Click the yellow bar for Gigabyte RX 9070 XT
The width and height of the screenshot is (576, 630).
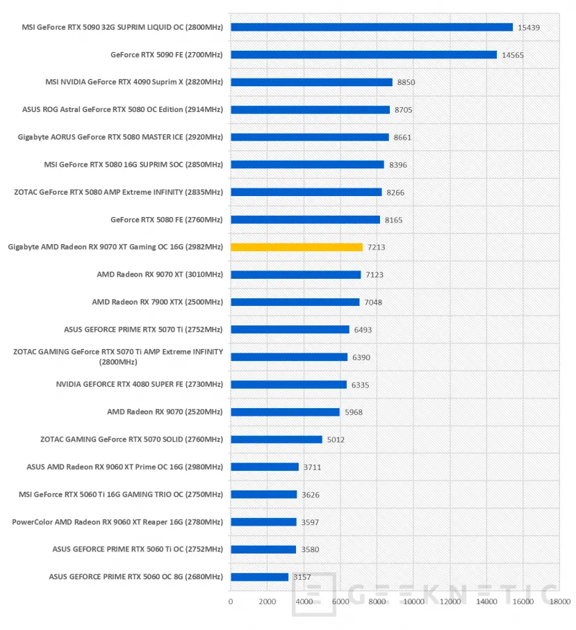click(x=297, y=247)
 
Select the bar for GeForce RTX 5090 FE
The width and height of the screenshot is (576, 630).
click(x=363, y=54)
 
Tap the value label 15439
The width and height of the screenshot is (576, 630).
click(x=529, y=27)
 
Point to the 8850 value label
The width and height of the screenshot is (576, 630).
click(x=406, y=82)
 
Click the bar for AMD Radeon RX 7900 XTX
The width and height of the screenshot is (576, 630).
click(x=295, y=302)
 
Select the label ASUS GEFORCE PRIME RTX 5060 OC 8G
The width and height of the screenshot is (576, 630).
click(x=135, y=576)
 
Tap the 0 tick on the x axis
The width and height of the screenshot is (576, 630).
click(x=231, y=601)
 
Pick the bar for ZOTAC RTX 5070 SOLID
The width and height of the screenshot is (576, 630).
click(x=277, y=439)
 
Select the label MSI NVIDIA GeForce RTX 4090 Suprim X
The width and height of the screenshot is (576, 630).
click(x=134, y=82)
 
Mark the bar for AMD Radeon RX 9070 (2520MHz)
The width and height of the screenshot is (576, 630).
click(x=285, y=412)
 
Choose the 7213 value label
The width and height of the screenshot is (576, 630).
click(x=376, y=248)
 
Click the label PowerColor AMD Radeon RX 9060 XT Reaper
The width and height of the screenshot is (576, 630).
click(x=117, y=522)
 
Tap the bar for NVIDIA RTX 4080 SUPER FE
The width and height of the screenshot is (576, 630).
click(x=288, y=385)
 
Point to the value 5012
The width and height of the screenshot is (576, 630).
click(x=336, y=439)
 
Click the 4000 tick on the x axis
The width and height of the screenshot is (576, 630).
click(x=304, y=601)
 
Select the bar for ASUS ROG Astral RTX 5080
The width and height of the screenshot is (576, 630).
click(x=310, y=109)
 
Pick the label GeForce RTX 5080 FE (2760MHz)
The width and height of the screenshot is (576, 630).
click(x=166, y=219)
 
